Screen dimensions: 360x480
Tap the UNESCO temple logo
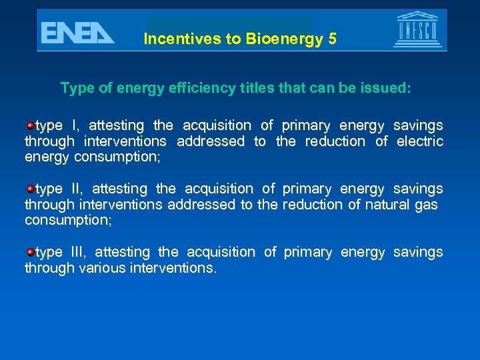click(x=417, y=30)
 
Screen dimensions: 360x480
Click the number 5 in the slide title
click(x=332, y=39)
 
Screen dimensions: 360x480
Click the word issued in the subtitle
click(x=388, y=88)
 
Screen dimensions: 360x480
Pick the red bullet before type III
click(x=30, y=252)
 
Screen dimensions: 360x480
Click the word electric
click(x=420, y=141)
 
